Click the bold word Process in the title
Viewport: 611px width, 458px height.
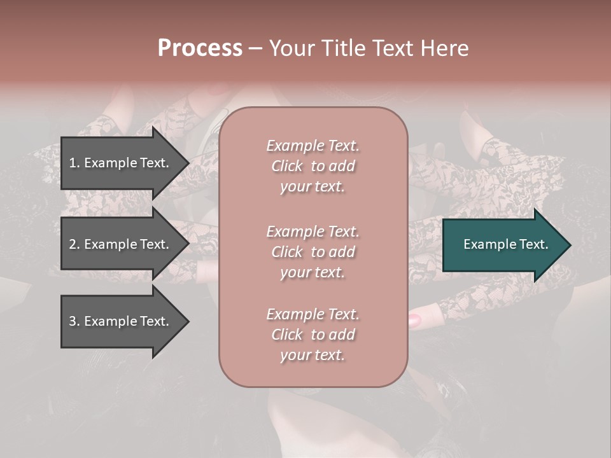point(200,48)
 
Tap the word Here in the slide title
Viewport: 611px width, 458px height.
point(444,48)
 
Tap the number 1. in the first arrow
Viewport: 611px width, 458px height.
point(74,163)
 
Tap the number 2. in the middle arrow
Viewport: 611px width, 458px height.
point(74,244)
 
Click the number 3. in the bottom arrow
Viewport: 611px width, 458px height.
point(74,321)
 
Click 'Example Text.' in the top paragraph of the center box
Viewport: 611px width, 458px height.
point(313,146)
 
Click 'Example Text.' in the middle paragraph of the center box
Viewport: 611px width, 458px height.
point(313,232)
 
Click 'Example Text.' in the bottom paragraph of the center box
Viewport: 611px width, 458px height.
point(313,314)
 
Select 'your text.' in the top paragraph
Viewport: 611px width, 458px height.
point(313,187)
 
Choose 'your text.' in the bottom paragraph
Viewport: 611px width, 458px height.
point(313,356)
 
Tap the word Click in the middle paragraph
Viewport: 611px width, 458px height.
point(286,252)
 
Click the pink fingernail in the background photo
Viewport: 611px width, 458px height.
point(414,319)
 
